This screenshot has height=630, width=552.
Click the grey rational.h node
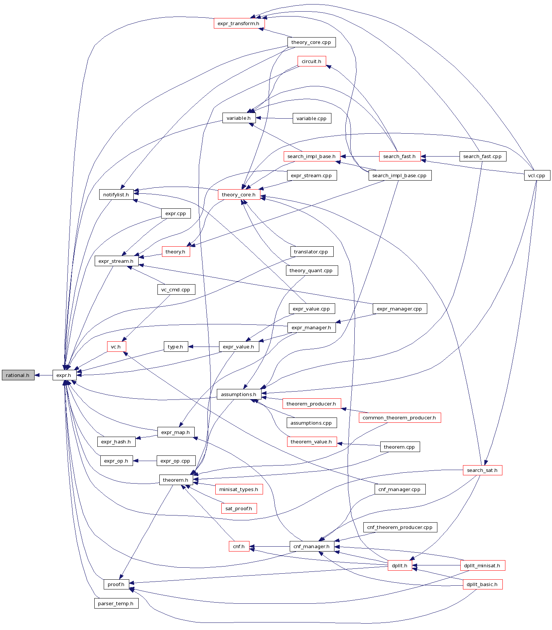[x=18, y=375]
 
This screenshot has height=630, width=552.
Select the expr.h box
[x=64, y=375]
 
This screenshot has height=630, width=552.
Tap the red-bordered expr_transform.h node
[x=239, y=23]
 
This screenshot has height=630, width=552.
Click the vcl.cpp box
[x=537, y=175]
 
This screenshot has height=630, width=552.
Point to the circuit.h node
[x=312, y=61]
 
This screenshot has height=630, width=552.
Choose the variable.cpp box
[x=312, y=118]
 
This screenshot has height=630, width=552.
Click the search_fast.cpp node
[x=482, y=156]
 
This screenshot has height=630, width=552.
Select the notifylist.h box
[x=116, y=194]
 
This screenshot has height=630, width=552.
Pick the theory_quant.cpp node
[x=311, y=270]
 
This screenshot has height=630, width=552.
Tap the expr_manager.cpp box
[x=399, y=309]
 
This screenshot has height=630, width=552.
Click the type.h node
[x=175, y=347]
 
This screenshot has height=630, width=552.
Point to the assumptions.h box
[x=239, y=394]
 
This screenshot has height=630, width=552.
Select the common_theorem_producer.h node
[x=399, y=417]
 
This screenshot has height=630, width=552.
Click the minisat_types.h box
[x=239, y=489]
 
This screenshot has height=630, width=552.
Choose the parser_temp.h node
[x=116, y=603]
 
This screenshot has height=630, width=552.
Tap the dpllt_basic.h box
[x=482, y=584]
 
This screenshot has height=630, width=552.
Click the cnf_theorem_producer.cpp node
[x=400, y=527]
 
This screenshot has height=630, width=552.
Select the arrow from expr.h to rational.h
[x=44, y=375]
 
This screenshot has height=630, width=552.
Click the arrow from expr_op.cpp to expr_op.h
[x=145, y=461]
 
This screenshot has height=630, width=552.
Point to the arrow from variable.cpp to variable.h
[x=274, y=118]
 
